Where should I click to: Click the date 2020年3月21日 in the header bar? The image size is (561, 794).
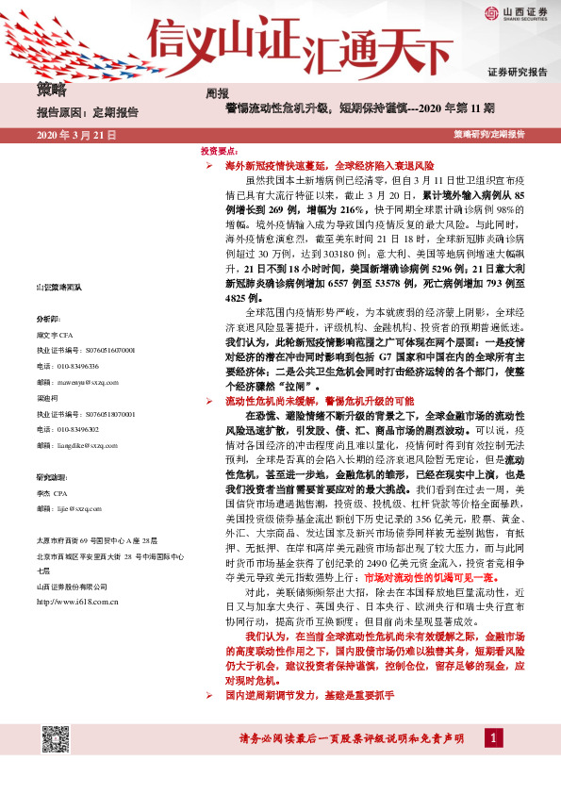74,136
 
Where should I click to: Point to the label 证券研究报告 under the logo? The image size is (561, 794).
517,73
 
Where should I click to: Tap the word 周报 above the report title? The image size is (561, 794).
217,93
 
